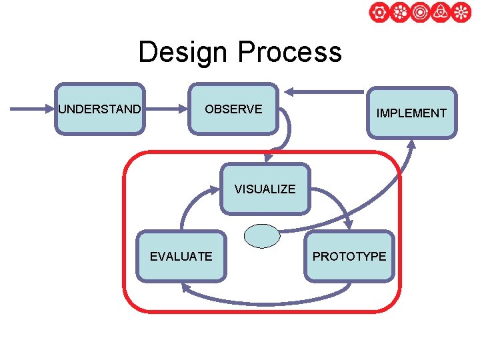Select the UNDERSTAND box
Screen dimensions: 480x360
pyautogui.click(x=99, y=109)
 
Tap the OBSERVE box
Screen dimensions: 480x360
pyautogui.click(x=233, y=109)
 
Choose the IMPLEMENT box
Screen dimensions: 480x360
pyautogui.click(x=411, y=113)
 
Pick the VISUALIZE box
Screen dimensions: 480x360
pyautogui.click(x=265, y=189)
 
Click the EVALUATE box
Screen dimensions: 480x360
pyautogui.click(x=181, y=256)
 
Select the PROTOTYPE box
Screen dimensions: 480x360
pyautogui.click(x=349, y=256)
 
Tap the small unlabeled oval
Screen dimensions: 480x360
pyautogui.click(x=262, y=237)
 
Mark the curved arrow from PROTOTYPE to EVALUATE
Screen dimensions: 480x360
pyautogui.click(x=267, y=301)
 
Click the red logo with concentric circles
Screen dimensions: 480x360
pyautogui.click(x=420, y=13)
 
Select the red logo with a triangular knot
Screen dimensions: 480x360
pyautogui.click(x=441, y=13)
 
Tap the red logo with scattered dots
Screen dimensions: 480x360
pyautogui.click(x=399, y=13)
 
